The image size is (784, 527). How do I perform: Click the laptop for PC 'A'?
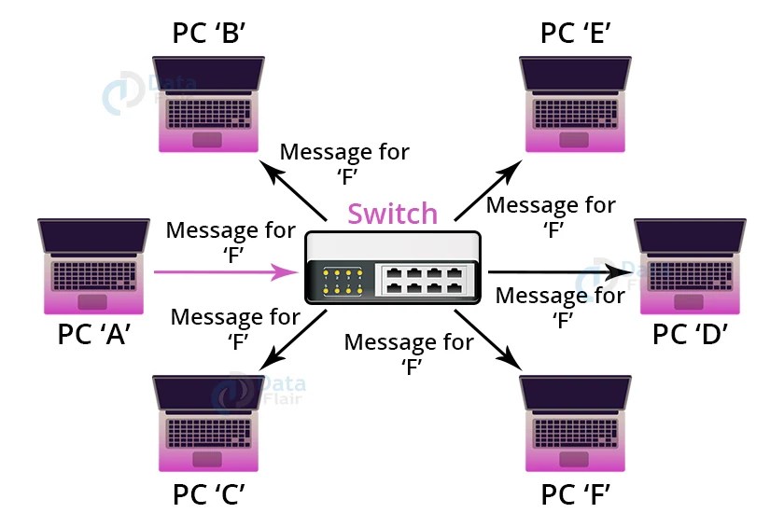pos(93,267)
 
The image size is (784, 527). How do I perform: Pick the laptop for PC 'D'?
pos(690,267)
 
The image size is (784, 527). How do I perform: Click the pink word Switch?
pos(392,214)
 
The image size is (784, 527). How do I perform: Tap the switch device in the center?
pos(393,268)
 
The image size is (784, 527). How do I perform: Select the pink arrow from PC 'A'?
pos(225,272)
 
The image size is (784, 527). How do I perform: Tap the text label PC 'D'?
pos(690,333)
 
